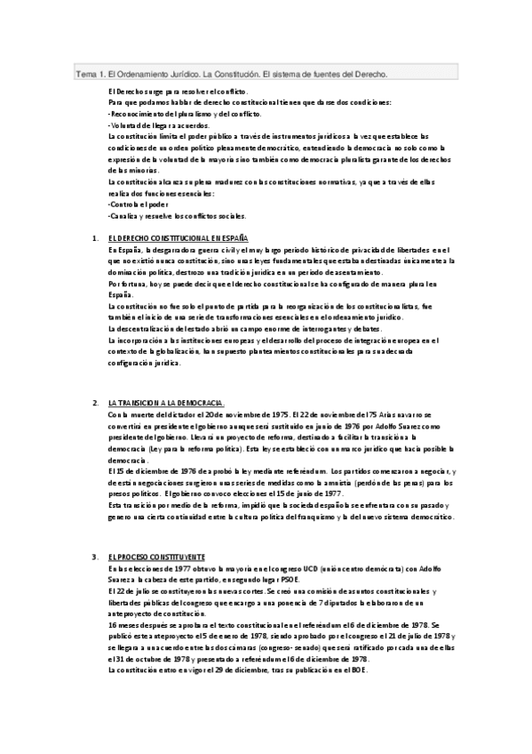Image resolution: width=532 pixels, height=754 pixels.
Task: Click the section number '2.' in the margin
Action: click(x=95, y=402)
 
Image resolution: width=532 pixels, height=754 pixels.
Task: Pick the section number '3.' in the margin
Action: click(x=95, y=556)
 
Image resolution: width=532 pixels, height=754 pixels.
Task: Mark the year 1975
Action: click(x=280, y=414)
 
